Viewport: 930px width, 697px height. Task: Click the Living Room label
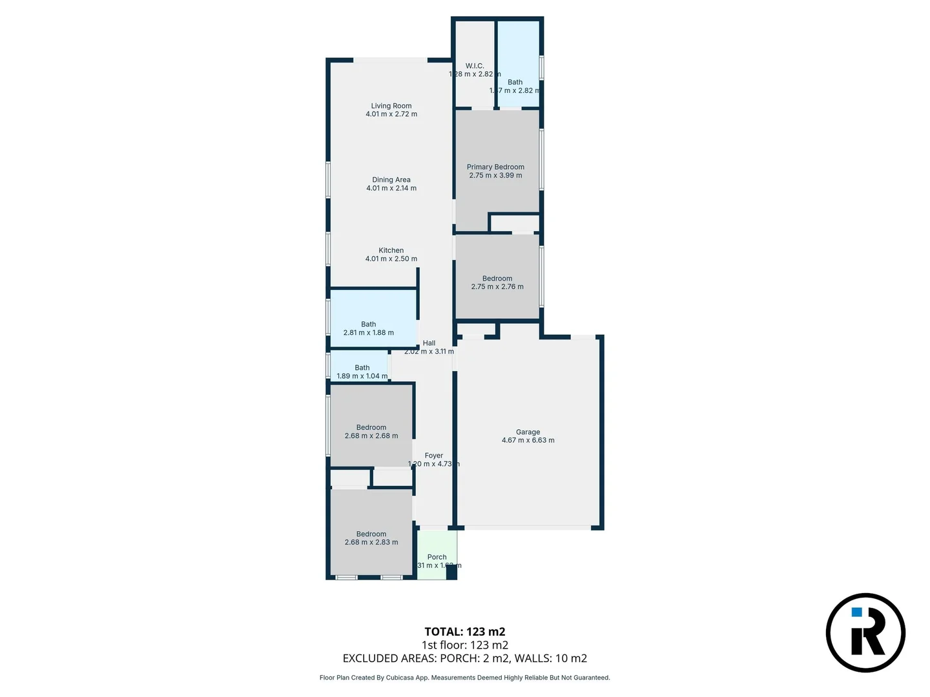coord(391,106)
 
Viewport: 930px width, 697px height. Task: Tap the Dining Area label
coord(391,180)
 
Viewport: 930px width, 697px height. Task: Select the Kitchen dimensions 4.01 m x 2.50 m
coord(391,259)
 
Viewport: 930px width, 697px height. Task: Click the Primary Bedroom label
coord(495,167)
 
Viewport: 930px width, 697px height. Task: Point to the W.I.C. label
coord(475,66)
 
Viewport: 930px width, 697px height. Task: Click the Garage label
coord(528,432)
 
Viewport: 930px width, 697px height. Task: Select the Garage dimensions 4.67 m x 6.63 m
coord(528,441)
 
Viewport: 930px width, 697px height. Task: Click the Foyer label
coord(433,456)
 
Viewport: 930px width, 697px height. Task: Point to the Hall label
coord(429,343)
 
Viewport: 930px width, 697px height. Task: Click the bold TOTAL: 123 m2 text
coord(464,632)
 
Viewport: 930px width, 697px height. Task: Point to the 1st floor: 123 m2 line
coord(464,645)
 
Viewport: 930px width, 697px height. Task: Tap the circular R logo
coord(865,632)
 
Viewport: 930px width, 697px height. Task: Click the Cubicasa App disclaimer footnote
coord(464,678)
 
